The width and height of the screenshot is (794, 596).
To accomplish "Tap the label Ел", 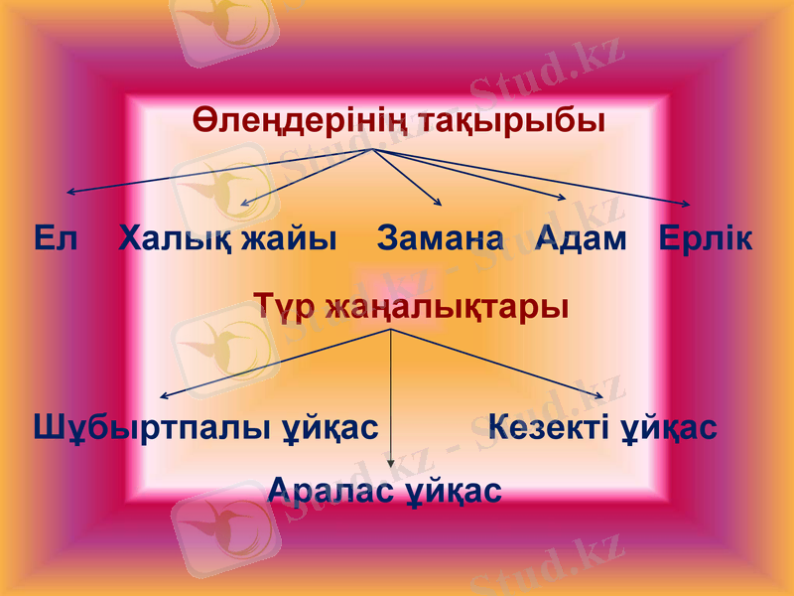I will coord(55,238).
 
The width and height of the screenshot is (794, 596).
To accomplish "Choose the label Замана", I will coord(441,238).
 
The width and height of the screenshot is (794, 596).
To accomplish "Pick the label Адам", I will coord(581,238).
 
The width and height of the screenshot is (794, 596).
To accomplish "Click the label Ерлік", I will coord(706,238).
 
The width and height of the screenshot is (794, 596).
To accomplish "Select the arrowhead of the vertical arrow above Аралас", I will coord(391,462).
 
